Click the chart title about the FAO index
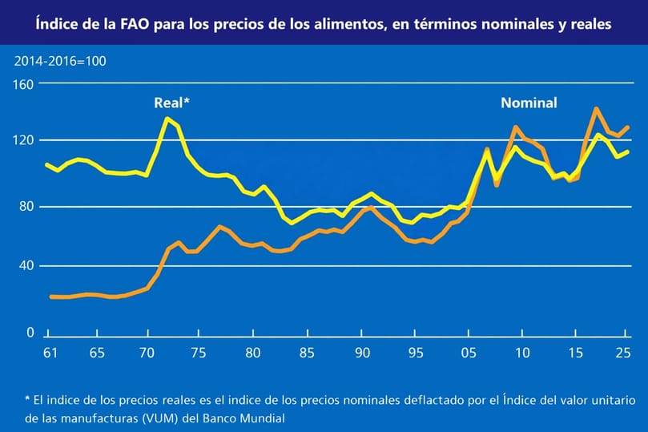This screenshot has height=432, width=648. (324, 25)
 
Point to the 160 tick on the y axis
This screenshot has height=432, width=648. (24, 84)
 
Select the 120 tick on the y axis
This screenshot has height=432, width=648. (24, 140)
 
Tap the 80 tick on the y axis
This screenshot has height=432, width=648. (26, 206)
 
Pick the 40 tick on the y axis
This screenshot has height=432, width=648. (26, 265)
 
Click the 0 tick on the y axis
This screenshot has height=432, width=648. (30, 332)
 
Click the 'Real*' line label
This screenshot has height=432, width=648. (171, 103)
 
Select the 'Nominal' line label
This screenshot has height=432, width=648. (529, 103)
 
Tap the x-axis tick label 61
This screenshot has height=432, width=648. (49, 352)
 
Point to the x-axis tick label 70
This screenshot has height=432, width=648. (147, 352)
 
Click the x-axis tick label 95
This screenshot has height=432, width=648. (416, 352)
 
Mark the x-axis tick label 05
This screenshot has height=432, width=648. (468, 352)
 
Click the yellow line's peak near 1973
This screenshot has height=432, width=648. (167, 119)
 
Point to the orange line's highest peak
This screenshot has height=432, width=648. (596, 108)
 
